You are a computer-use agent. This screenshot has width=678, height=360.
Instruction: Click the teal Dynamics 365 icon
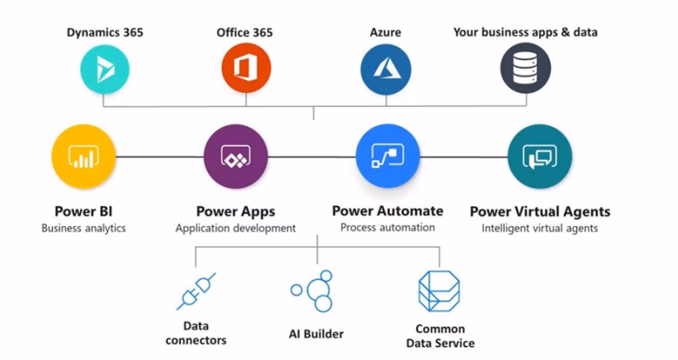[104, 68]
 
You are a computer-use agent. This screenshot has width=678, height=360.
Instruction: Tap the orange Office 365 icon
[245, 68]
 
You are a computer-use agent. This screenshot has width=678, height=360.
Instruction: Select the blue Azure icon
[385, 68]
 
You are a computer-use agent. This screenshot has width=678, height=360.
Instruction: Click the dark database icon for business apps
[525, 68]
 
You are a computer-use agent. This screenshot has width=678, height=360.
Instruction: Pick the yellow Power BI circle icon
[83, 157]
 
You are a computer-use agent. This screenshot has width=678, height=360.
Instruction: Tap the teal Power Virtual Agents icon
[539, 157]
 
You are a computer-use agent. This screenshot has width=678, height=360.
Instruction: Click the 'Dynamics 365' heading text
[105, 32]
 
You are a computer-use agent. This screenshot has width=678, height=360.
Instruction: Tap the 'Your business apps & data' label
[525, 32]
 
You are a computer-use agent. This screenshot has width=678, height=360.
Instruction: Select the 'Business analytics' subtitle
[83, 229]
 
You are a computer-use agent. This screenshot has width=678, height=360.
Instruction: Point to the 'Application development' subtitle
[236, 229]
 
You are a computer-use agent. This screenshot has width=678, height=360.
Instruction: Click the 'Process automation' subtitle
[388, 228]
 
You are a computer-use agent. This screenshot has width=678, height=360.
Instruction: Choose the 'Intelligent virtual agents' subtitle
[540, 229]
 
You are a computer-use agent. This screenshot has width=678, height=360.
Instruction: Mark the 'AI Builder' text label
[316, 334]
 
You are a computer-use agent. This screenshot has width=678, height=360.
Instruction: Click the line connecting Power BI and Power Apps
[160, 157]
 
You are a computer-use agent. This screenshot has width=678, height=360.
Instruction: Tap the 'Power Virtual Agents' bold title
[540, 211]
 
